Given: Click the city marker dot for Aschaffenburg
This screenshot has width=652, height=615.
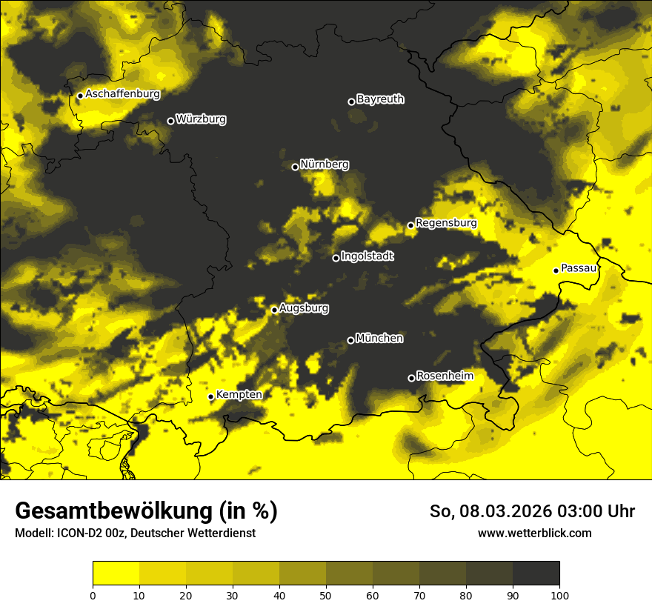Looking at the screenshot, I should (x=80, y=96).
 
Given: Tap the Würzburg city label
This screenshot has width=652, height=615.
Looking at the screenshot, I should (x=201, y=119).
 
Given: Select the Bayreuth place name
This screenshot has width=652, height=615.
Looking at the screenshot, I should (x=380, y=99).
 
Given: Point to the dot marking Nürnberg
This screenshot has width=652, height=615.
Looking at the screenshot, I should (x=295, y=167).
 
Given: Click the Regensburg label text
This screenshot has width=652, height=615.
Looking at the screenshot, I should (x=446, y=223).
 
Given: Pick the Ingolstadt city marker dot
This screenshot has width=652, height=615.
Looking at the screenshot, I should (x=336, y=258).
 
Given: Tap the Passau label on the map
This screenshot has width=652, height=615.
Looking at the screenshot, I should (x=579, y=268).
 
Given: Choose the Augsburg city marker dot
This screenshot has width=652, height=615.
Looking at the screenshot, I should (x=274, y=310).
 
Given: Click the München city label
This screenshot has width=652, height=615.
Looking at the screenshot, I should (x=379, y=339).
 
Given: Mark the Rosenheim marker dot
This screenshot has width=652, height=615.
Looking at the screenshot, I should (x=411, y=378).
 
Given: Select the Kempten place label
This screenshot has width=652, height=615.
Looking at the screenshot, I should (x=239, y=395).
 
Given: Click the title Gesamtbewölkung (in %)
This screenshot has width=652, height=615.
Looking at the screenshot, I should (x=146, y=511).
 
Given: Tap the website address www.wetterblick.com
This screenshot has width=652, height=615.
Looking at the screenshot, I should (x=534, y=533).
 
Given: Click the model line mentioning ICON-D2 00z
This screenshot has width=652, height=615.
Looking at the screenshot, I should (x=135, y=533).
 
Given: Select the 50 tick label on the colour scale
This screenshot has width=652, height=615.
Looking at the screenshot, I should (x=326, y=595).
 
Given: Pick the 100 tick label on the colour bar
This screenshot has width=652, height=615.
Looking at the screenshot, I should (x=559, y=595).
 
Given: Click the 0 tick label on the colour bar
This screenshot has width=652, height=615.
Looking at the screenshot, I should (x=93, y=595).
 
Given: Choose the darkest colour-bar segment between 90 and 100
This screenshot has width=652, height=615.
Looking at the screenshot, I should (x=536, y=573).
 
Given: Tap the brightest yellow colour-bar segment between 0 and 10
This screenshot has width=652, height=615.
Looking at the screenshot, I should (x=116, y=573).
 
